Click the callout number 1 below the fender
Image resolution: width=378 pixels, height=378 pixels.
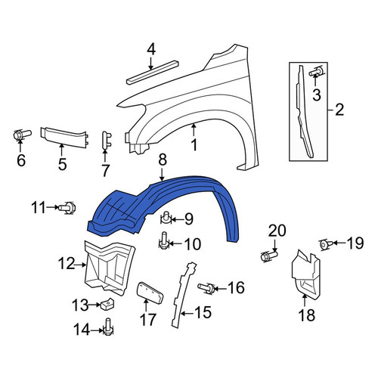click(x=194, y=145)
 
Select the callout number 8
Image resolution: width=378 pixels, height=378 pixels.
click(x=163, y=160)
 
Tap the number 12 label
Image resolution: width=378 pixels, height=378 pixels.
click(x=67, y=264)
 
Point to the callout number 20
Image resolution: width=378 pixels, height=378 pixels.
click(x=277, y=231)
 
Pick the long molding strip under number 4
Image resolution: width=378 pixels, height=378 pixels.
click(x=153, y=72)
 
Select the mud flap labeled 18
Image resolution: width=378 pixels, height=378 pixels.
click(x=305, y=274)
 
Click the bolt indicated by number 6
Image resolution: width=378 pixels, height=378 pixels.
click(x=21, y=135)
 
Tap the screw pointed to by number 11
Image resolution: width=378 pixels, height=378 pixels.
click(x=67, y=208)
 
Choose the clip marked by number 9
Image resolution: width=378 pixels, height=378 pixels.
click(x=166, y=218)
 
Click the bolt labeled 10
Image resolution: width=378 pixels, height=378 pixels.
click(x=164, y=240)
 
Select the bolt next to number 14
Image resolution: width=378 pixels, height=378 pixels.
click(x=108, y=327)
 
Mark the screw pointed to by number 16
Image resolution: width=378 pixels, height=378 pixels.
click(x=206, y=289)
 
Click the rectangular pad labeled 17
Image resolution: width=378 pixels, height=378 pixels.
click(x=150, y=293)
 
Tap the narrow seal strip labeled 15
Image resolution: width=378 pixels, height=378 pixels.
click(x=182, y=295)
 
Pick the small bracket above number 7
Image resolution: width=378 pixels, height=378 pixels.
click(x=107, y=140)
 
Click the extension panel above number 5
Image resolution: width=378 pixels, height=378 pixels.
click(x=64, y=137)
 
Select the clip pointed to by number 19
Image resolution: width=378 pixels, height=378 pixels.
click(x=326, y=244)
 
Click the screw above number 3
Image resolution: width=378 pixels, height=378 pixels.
click(x=316, y=72)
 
